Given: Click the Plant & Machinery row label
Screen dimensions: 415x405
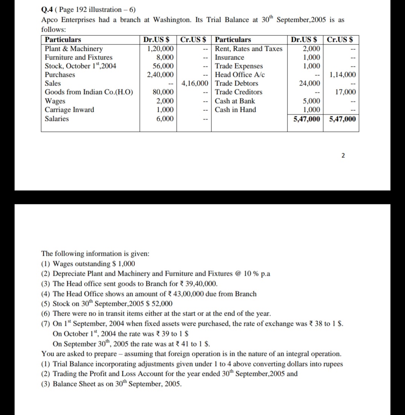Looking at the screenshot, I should coord(73,49).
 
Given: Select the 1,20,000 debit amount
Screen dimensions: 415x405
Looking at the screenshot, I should coord(160,49).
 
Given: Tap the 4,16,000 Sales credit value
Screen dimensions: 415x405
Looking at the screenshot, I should coord(195,84).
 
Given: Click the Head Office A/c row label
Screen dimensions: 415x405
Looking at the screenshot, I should coord(240,75).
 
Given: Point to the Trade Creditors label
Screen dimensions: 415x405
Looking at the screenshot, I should coord(239,92).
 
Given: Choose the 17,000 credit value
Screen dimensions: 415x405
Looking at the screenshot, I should coord(345,92).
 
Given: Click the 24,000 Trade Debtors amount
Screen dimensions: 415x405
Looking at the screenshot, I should coord(310,84).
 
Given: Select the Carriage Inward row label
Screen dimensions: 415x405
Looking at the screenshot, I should coord(69,110).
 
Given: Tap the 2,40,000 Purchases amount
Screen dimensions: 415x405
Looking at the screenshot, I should coord(160,75).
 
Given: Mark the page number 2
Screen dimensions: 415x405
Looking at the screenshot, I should coord(343,156).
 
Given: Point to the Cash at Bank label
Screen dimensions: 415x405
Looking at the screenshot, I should coord(234,101).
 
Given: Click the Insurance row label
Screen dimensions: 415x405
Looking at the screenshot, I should coord(229,58).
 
